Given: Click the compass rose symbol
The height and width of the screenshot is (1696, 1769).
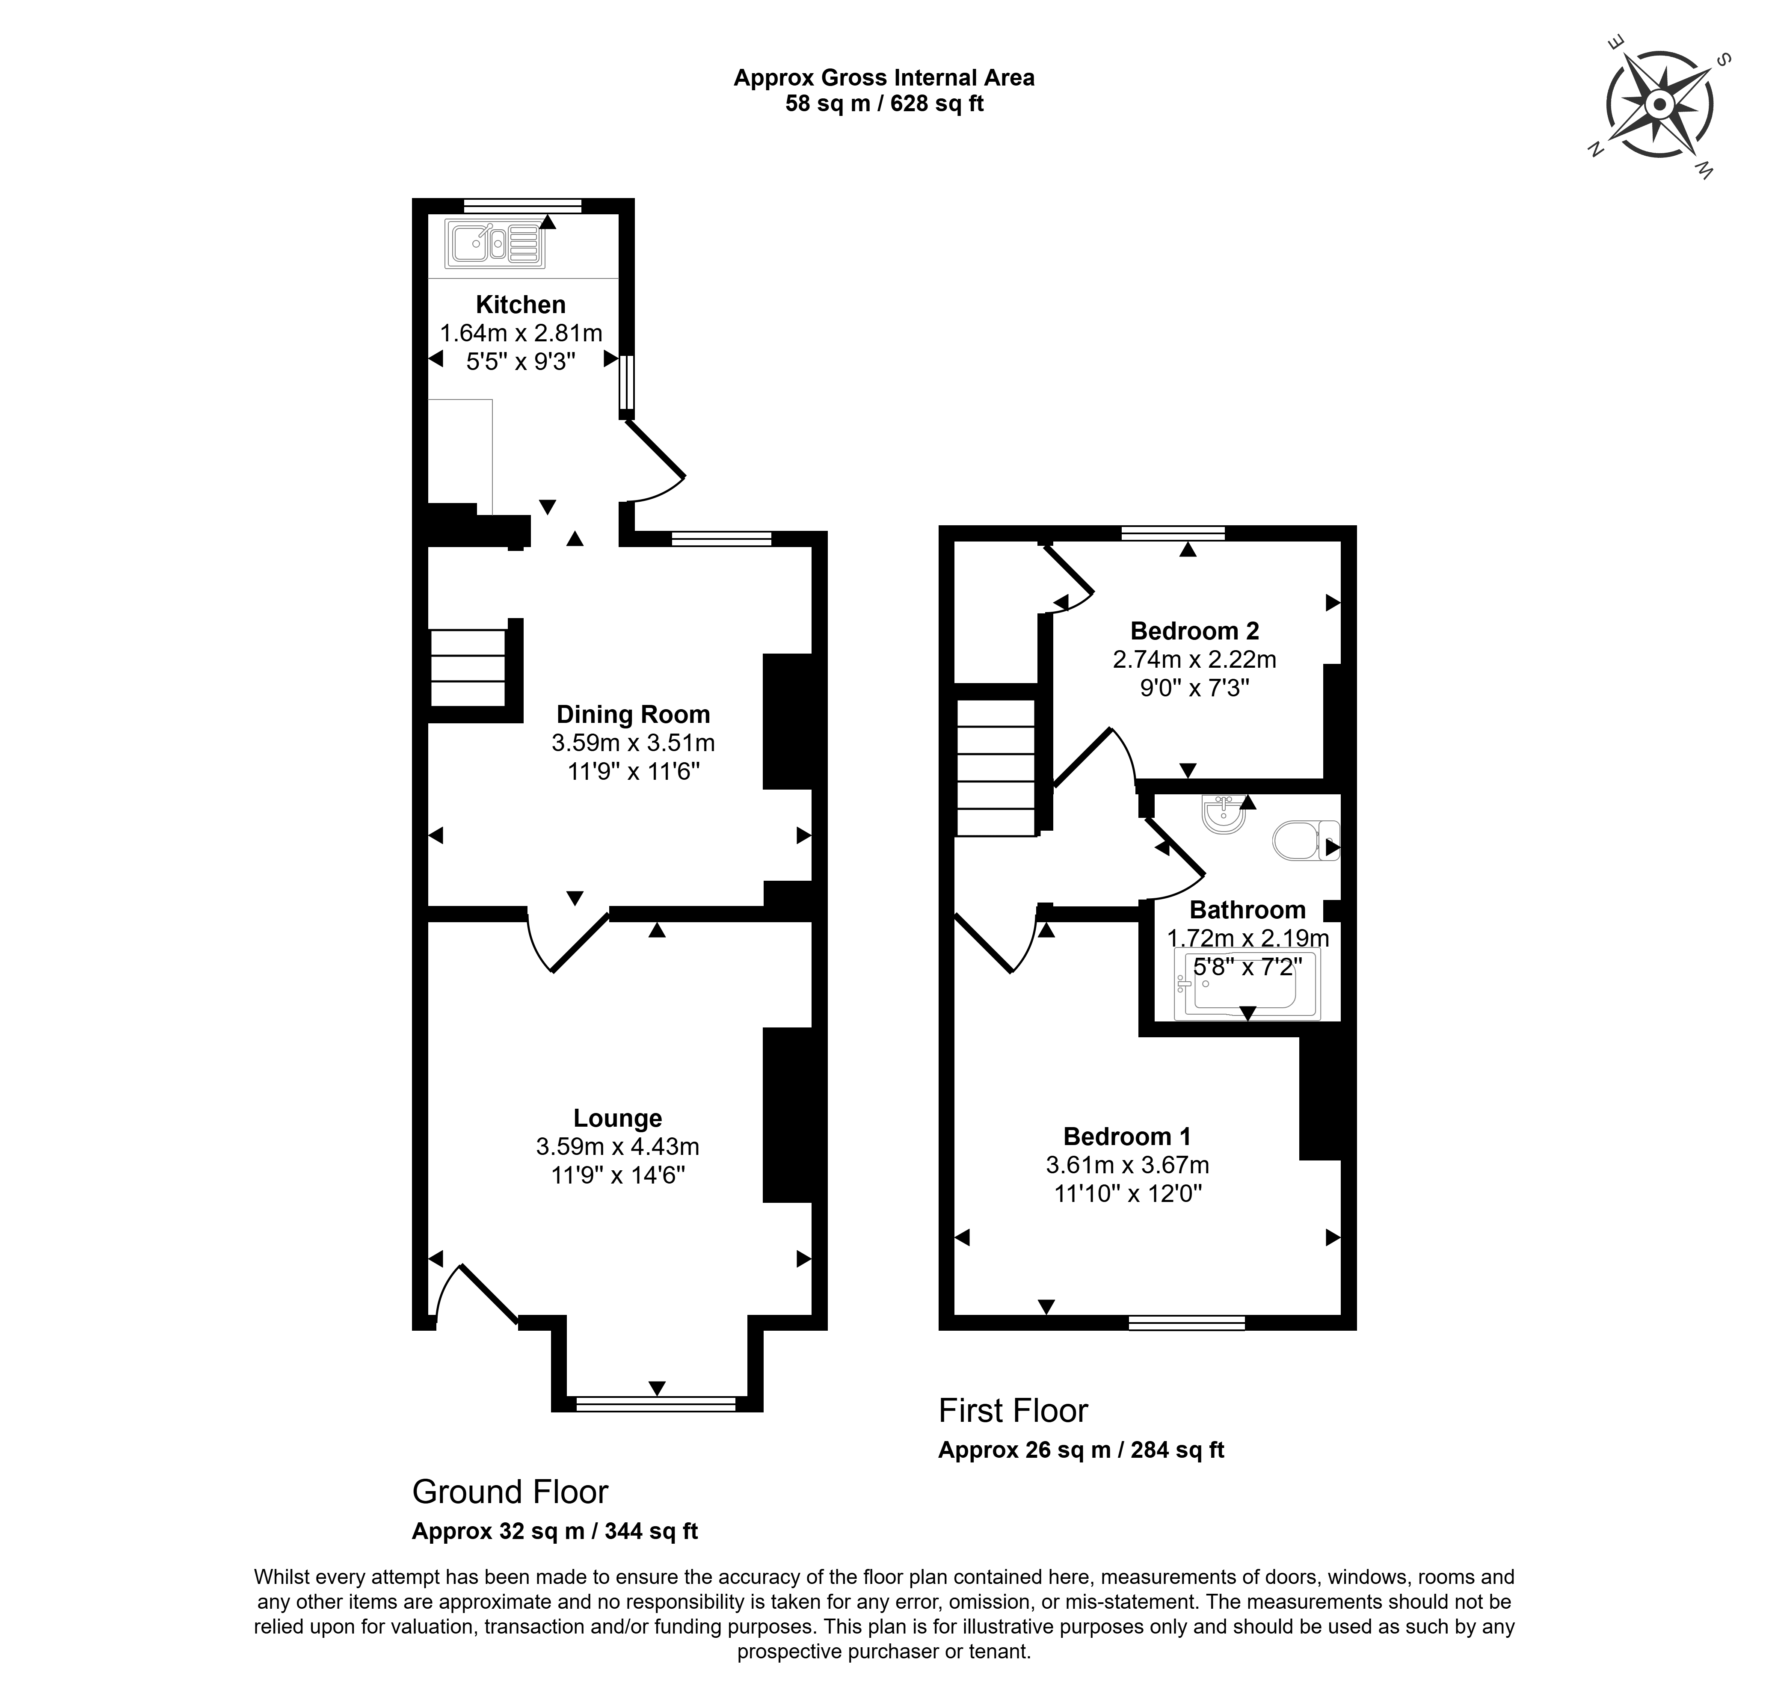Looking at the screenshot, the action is [1659, 107].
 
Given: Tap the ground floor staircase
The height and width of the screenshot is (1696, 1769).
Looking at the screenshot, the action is [468, 668].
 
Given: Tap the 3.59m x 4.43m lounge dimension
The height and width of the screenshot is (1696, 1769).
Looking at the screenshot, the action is [617, 1146].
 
